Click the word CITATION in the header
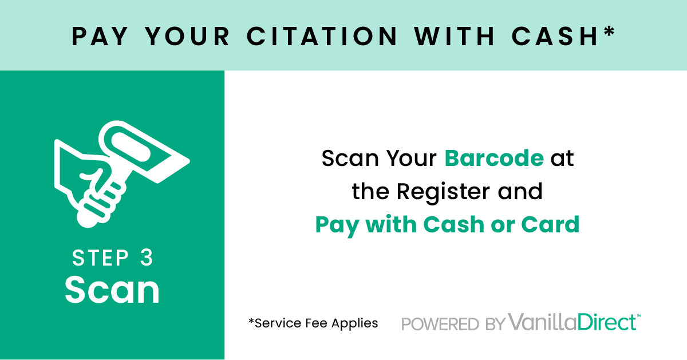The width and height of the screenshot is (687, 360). pos(322,36)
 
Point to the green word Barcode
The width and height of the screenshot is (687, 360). pos(494,158)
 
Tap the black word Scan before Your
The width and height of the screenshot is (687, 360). pos(350,158)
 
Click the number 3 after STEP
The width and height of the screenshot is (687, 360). pos(147,258)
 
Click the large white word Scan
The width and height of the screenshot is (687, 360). pos(112,290)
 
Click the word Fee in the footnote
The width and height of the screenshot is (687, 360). pos(318,323)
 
